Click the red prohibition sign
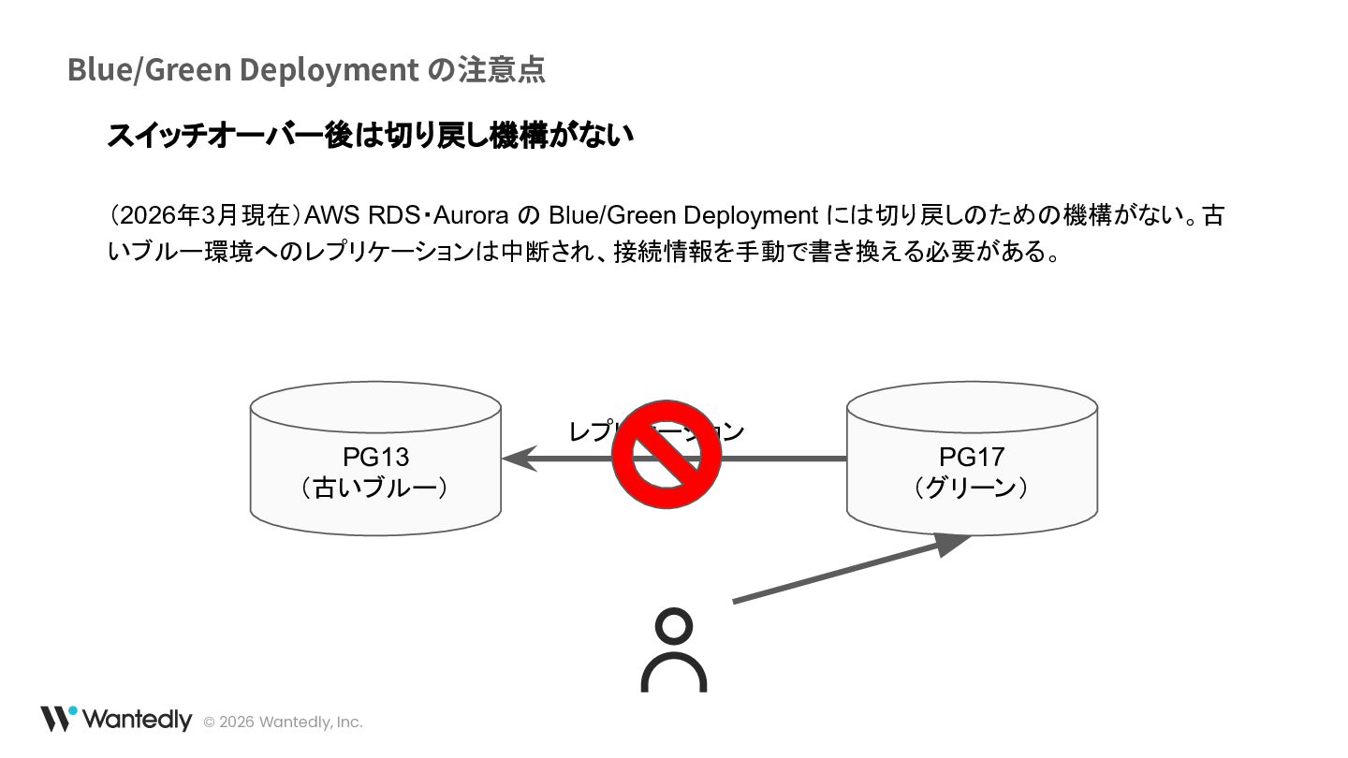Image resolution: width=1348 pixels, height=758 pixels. coord(666,455)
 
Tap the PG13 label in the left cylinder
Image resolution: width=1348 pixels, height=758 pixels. coord(375,457)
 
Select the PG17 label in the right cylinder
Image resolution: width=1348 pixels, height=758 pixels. coord(972,457)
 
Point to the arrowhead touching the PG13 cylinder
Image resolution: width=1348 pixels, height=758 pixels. coord(520,459)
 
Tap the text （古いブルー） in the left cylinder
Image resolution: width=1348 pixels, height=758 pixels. coord(374,488)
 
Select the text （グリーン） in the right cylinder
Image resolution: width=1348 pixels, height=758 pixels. coord(971,488)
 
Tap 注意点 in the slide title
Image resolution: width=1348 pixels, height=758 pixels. coord(501,69)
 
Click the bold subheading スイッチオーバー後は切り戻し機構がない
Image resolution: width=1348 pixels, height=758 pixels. coord(370,135)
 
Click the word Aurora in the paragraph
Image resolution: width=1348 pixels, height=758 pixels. coord(470,215)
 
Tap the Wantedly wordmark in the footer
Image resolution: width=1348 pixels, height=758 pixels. coord(137,720)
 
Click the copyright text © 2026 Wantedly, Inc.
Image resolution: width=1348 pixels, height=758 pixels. coord(283,722)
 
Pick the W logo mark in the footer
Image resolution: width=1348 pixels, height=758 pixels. coord(57,718)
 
